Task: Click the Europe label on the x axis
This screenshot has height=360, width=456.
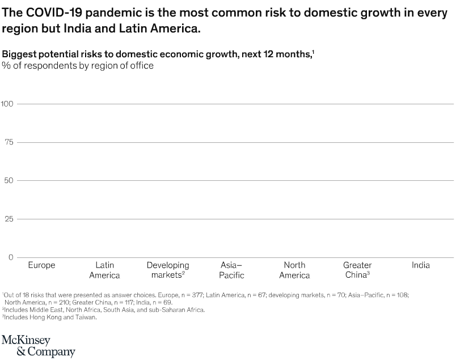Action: pos(41,265)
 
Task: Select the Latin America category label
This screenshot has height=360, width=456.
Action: pos(104,270)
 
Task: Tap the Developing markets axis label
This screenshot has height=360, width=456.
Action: pos(168,270)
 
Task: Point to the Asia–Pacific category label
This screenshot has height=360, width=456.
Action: pos(231,270)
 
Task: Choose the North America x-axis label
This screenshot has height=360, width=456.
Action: pos(294,270)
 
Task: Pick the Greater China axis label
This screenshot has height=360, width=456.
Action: pos(357,270)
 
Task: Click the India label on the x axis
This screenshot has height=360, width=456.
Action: pos(421,265)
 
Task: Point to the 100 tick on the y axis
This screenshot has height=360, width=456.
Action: pos(7,104)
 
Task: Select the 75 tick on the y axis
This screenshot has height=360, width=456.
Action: pos(9,142)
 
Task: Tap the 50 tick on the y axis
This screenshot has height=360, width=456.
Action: pos(9,181)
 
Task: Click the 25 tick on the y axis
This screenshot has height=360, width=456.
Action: pos(9,219)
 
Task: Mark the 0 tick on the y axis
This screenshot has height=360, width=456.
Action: pos(11,257)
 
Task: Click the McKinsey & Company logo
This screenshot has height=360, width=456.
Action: pos(38,345)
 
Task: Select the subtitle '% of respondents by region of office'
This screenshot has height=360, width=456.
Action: pos(78,65)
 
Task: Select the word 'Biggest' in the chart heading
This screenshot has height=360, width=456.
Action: pos(19,54)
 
